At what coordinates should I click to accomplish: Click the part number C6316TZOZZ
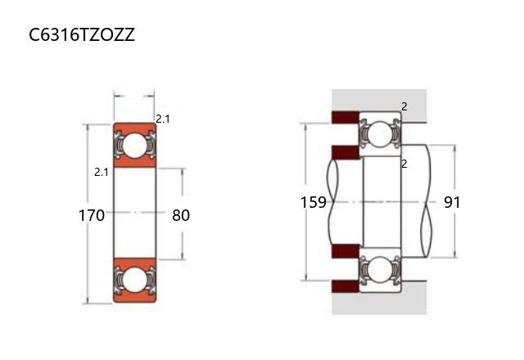[82, 34]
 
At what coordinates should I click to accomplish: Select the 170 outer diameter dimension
[91, 215]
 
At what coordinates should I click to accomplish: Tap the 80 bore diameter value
[181, 215]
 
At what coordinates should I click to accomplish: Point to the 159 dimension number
[313, 202]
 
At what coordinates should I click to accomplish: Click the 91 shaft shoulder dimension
[452, 202]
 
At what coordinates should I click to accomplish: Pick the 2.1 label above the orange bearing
[162, 119]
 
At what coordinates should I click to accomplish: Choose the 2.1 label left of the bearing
[102, 173]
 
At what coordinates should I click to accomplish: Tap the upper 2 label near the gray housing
[404, 107]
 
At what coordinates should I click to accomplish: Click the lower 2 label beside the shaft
[404, 164]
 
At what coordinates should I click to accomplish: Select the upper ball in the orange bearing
[134, 146]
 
